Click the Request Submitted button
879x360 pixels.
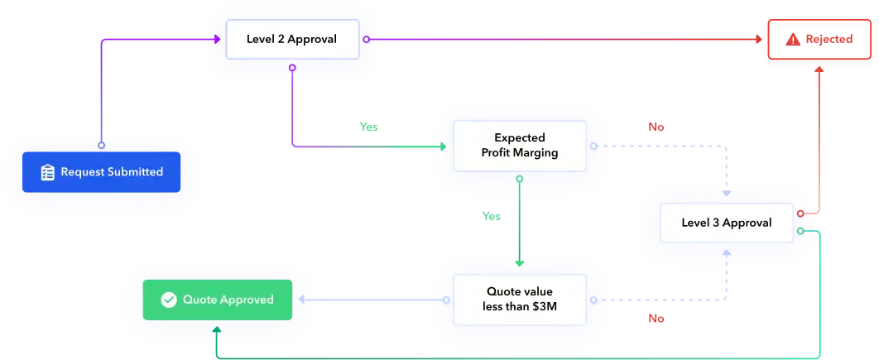(101, 172)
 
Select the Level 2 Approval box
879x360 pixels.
(292, 39)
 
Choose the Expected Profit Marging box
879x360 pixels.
(519, 146)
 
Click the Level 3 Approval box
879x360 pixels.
(726, 223)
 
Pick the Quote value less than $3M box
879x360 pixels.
(519, 299)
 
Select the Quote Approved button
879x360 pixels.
(218, 299)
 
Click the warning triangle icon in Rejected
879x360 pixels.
(793, 39)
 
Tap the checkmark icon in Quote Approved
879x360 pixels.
(169, 300)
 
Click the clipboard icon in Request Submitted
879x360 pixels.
(47, 172)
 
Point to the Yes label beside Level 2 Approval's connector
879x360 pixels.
(368, 127)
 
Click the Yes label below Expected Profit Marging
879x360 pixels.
(492, 216)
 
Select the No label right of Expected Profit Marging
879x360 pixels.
(656, 127)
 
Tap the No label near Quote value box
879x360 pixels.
(656, 318)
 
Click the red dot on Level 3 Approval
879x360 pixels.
(800, 214)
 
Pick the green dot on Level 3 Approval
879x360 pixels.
(800, 231)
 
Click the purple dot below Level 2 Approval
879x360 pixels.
(291, 67)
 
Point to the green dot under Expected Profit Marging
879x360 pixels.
(519, 178)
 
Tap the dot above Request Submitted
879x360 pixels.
(101, 145)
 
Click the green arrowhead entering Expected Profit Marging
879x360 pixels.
(442, 146)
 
